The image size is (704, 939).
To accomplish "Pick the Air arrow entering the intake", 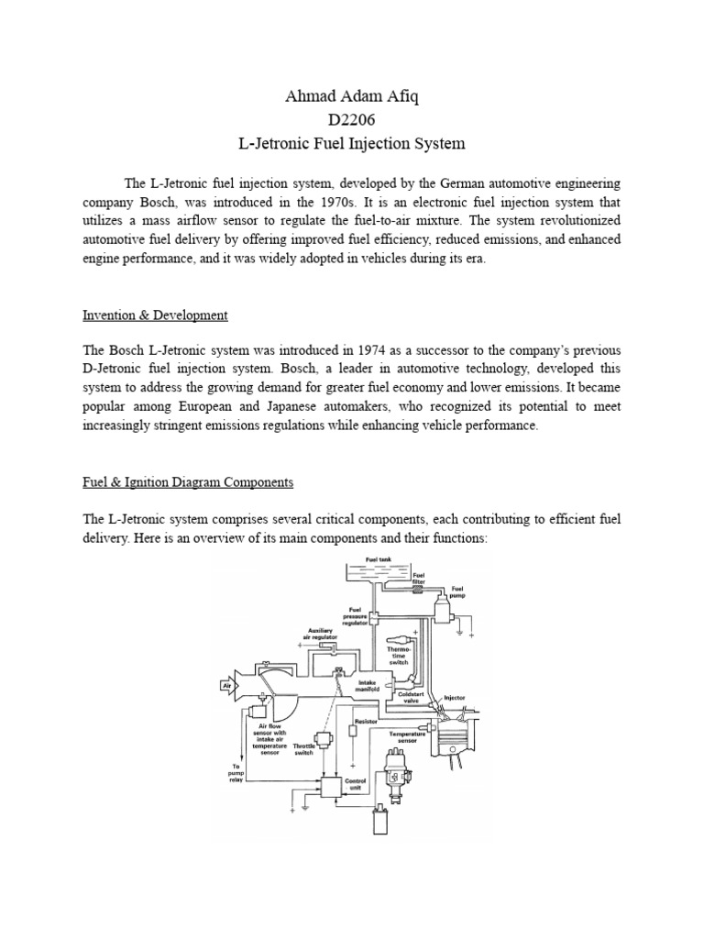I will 225,684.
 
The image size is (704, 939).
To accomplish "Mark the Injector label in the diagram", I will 455,698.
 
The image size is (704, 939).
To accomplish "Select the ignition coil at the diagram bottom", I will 378,822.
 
